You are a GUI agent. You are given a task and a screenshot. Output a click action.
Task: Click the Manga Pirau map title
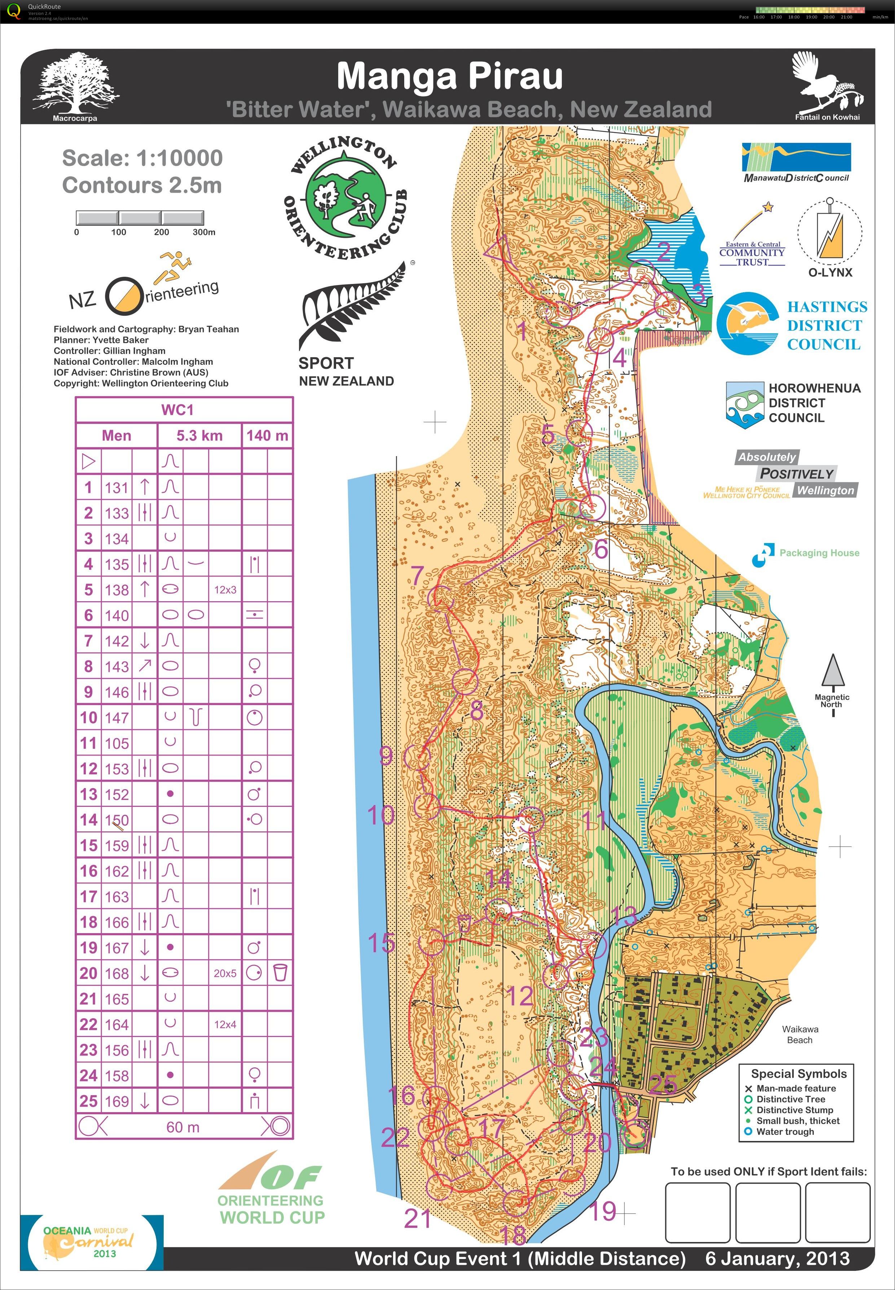[449, 76]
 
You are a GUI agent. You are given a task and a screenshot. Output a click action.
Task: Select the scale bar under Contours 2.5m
[140, 218]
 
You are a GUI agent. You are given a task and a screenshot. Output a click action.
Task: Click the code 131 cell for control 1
[116, 487]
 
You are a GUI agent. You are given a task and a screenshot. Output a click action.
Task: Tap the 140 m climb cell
[267, 436]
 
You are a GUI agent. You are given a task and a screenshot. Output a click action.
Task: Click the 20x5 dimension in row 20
[225, 973]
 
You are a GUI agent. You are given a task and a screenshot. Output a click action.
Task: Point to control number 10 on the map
[381, 815]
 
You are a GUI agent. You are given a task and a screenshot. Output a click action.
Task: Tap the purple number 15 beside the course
[381, 943]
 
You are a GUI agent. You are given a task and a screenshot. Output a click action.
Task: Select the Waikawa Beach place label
[800, 1034]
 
